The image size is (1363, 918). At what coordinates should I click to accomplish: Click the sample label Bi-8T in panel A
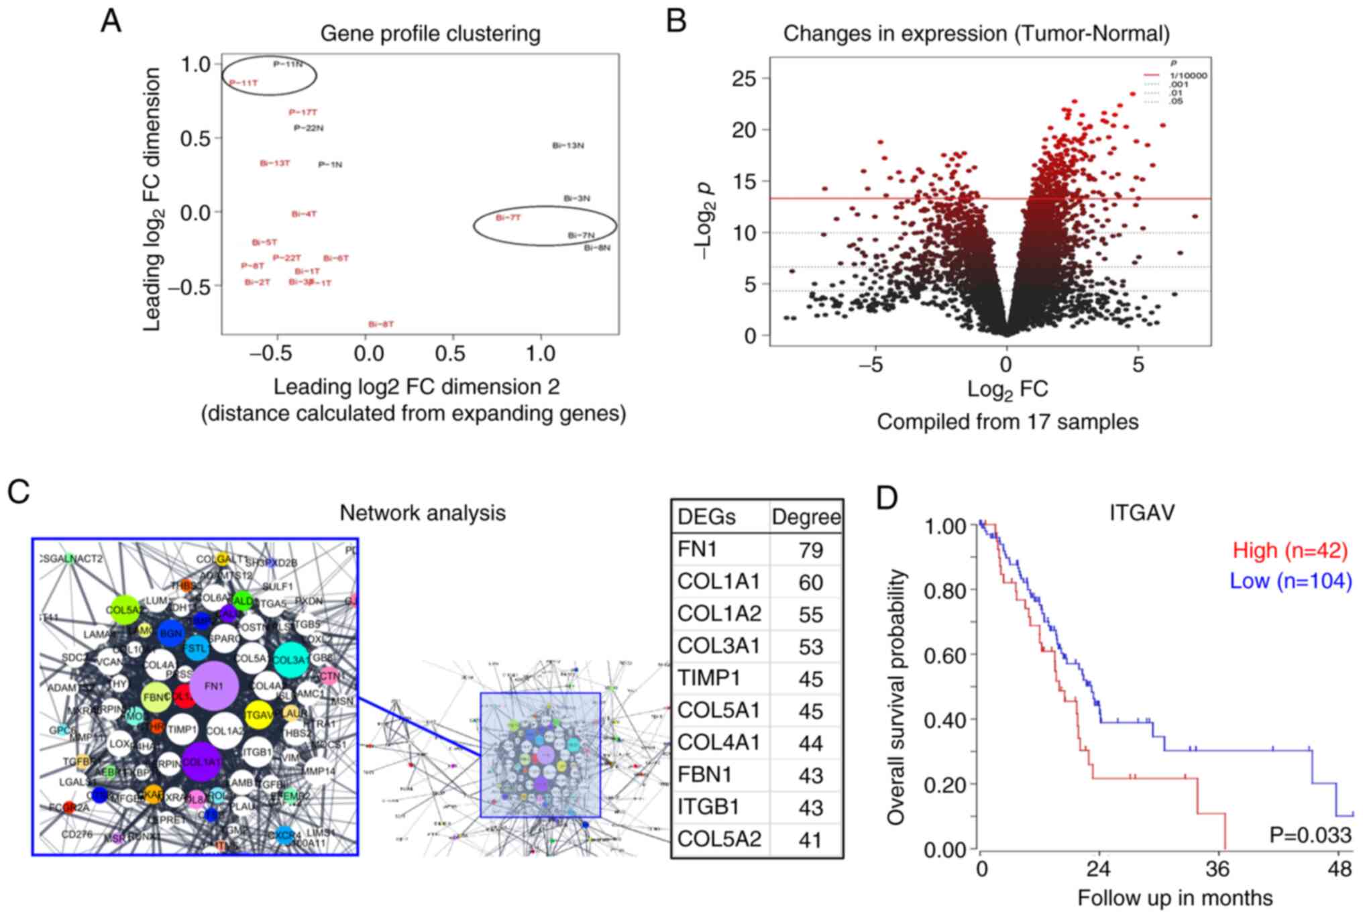[380, 325]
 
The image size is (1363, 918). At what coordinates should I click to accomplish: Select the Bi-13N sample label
[567, 146]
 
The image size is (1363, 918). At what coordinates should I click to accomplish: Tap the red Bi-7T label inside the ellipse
[508, 218]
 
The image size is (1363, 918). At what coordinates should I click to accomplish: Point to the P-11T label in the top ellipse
[243, 83]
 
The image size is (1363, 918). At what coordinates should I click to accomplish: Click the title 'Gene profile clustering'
[430, 34]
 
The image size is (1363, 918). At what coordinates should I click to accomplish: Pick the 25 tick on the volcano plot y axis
[744, 79]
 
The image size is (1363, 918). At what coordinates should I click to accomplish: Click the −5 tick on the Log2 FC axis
[875, 365]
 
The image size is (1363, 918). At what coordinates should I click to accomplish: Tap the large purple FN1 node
[213, 686]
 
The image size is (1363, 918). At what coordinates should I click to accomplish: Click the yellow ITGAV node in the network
[259, 715]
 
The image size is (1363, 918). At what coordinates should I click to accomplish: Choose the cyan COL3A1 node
[291, 660]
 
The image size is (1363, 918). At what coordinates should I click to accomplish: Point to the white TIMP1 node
[182, 730]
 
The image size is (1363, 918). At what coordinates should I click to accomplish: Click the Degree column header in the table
[806, 517]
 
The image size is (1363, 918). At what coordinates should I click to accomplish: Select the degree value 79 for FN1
[810, 550]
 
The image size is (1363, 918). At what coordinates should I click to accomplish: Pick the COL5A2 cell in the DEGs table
[719, 839]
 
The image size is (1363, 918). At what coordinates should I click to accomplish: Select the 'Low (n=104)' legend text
[1290, 581]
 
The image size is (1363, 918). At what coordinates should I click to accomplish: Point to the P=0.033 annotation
[1310, 835]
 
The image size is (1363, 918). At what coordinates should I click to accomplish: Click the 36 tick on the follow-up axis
[1217, 870]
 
